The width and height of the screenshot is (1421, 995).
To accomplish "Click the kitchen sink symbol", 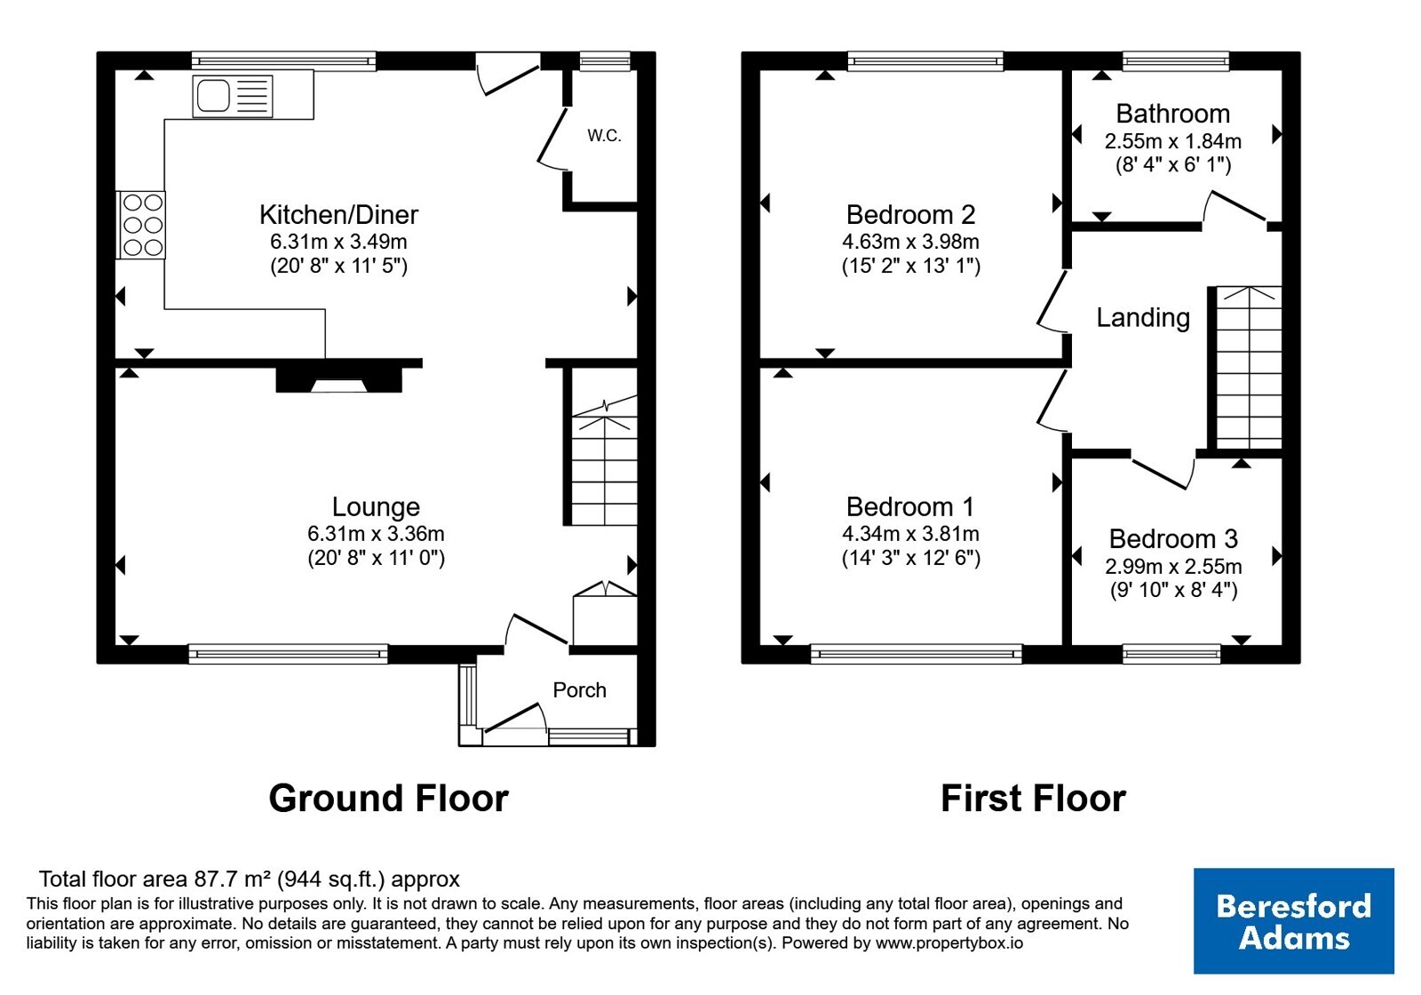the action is tap(233, 97).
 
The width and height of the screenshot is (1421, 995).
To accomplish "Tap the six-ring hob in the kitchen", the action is tap(141, 226).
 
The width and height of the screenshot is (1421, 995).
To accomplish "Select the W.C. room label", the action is tap(604, 135).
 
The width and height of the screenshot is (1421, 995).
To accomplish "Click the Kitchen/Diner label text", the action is tap(338, 214).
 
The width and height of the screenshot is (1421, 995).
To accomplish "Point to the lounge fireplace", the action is tap(338, 379).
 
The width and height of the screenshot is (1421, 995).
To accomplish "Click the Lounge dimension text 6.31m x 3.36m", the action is tap(377, 534).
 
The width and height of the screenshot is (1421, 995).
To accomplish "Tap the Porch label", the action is tap(579, 689).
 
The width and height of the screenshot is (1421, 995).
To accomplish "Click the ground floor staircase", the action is tap(605, 461).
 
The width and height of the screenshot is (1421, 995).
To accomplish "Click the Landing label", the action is tap(1143, 317).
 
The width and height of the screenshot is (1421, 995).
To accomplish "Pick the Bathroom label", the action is tap(1173, 114).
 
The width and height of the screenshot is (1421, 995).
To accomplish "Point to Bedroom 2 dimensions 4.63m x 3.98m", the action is tap(910, 242).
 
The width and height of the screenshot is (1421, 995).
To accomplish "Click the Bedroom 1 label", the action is tap(910, 506).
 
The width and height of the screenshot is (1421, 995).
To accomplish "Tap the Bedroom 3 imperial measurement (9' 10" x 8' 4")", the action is tap(1173, 590).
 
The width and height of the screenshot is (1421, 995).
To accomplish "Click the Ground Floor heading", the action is tap(388, 798).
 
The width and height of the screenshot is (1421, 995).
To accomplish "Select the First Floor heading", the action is tap(1033, 798).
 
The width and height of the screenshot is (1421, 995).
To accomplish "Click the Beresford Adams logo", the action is tap(1293, 920).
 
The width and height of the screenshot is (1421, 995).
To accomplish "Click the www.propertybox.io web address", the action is tap(949, 943).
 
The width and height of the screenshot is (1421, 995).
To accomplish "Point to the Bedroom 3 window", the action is tap(1171, 654).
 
